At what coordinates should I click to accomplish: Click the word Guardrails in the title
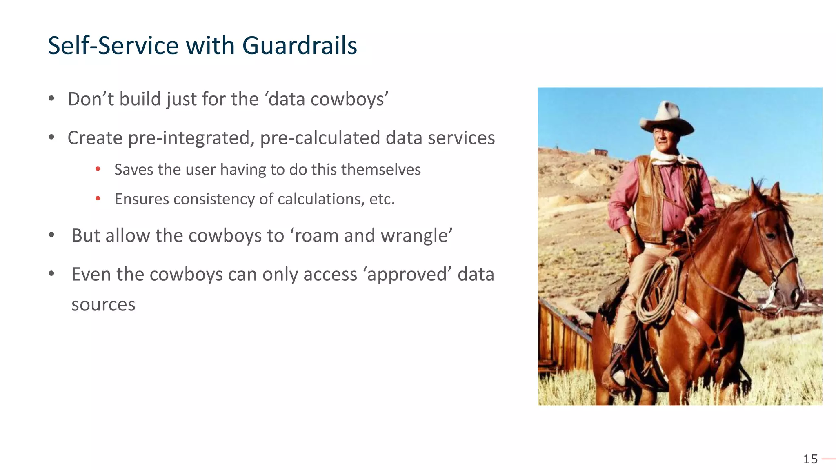coord(299,45)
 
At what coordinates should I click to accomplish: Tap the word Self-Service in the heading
coord(113,45)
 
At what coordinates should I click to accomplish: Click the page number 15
coord(810,459)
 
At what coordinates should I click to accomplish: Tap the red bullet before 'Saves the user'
coord(98,169)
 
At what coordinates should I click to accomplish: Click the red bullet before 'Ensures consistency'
coord(98,199)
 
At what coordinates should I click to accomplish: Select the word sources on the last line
coord(103,305)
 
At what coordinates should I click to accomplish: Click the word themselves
coord(381,170)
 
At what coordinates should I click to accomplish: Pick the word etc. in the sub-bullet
coord(382,199)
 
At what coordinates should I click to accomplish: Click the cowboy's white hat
coord(666,118)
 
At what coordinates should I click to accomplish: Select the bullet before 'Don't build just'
coord(51,99)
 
